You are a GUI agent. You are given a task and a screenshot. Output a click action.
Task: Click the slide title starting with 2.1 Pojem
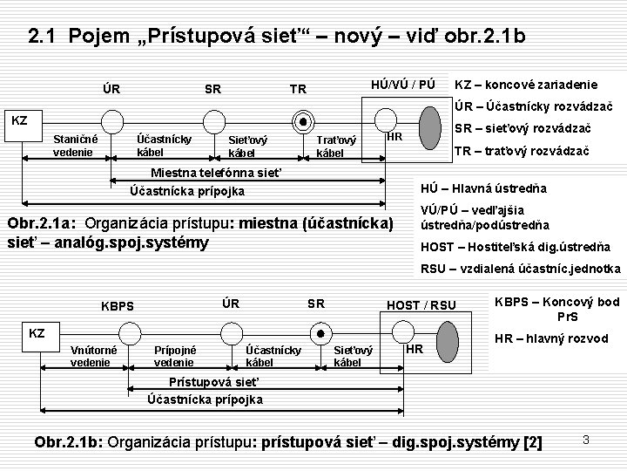[276, 37]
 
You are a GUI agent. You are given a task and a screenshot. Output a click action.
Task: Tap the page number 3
[586, 440]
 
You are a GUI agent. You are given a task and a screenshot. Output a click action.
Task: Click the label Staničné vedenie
[76, 146]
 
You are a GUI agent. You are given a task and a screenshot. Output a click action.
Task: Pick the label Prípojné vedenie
[174, 356]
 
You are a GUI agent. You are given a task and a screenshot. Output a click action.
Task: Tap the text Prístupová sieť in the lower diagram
[213, 382]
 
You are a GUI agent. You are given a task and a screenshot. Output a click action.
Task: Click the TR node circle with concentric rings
[303, 121]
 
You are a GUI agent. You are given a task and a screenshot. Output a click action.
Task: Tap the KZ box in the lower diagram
[37, 332]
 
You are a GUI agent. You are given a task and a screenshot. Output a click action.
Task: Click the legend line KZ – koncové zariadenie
[526, 85]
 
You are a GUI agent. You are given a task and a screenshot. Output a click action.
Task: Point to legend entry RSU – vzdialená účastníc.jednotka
[521, 269]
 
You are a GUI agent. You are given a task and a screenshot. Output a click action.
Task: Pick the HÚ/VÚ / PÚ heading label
[401, 84]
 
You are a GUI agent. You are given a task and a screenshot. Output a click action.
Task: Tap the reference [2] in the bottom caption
[531, 443]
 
